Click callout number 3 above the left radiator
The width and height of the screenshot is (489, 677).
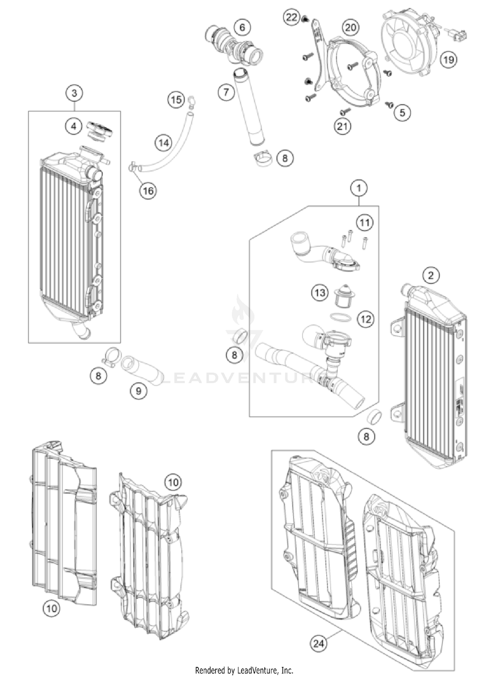(x=74, y=93)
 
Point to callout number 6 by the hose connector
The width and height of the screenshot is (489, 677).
(x=242, y=27)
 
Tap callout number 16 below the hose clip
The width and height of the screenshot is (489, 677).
(x=148, y=190)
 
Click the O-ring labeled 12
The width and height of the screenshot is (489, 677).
(x=340, y=317)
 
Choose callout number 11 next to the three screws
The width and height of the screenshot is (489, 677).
(x=364, y=223)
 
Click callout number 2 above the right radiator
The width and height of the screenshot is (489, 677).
(x=431, y=275)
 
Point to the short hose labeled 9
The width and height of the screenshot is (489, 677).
(x=142, y=372)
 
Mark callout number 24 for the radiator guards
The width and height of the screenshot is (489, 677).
(x=318, y=643)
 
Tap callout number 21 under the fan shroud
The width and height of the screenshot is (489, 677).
(x=342, y=126)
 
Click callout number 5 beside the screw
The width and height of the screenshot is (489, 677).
(x=402, y=113)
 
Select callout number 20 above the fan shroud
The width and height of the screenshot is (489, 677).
(x=350, y=28)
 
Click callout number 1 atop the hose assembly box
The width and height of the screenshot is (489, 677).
(x=359, y=188)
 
